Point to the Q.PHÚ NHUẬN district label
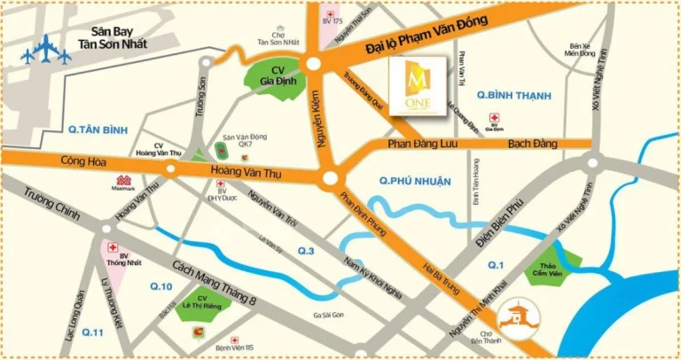(409, 180)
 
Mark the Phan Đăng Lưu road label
(422, 144)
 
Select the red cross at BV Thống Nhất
(113, 250)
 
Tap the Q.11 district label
(93, 333)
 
